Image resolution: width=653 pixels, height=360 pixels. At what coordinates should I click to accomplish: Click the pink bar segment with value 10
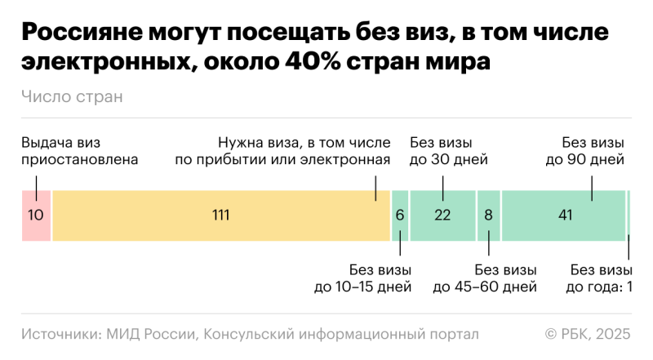tap(36, 216)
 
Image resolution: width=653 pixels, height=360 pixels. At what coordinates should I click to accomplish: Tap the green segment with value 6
tap(400, 216)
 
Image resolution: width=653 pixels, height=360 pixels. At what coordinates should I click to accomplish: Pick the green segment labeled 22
tap(442, 216)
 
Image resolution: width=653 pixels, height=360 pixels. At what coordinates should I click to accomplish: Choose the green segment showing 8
tap(488, 216)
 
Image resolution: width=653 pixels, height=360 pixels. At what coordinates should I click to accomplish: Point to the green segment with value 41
tap(563, 216)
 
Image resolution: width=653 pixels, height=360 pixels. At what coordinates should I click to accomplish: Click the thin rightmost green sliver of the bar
tap(629, 216)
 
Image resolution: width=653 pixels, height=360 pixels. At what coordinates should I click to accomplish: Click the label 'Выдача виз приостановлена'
tap(79, 150)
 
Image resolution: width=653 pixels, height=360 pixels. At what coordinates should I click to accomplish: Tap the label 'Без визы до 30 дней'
tap(448, 150)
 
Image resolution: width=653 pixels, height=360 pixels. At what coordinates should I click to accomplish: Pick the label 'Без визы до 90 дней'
tap(585, 150)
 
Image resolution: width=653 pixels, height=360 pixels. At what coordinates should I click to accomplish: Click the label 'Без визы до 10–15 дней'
tap(362, 278)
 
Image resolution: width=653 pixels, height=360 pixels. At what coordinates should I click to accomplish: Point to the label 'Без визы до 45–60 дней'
tap(485, 278)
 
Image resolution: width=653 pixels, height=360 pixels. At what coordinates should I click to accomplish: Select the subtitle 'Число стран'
tap(72, 97)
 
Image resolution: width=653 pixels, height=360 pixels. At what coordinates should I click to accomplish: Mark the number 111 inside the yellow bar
tap(220, 216)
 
